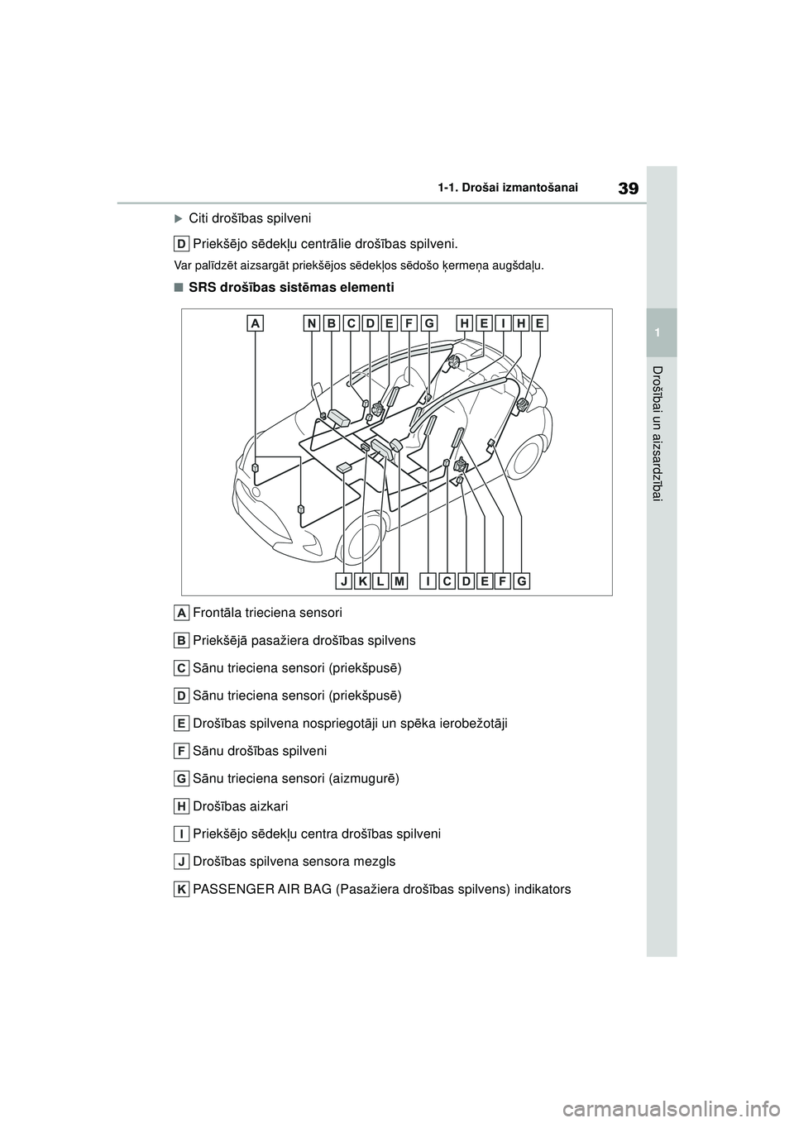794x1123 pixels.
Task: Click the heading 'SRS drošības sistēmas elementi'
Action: click(285, 288)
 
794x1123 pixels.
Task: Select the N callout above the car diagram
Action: click(312, 325)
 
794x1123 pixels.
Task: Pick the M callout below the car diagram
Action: click(400, 581)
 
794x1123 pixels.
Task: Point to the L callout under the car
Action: click(381, 581)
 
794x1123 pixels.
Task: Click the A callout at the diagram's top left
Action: click(255, 325)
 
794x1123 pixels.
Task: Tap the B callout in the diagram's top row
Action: click(331, 325)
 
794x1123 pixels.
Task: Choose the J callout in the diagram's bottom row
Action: click(343, 581)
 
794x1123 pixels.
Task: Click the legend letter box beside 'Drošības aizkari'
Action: click(181, 806)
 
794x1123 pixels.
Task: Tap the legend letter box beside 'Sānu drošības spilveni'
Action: click(181, 751)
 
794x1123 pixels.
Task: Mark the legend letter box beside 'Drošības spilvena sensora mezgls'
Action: click(181, 862)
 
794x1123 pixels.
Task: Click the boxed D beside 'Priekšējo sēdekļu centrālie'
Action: click(181, 244)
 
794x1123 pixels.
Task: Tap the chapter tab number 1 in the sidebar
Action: click(661, 332)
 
